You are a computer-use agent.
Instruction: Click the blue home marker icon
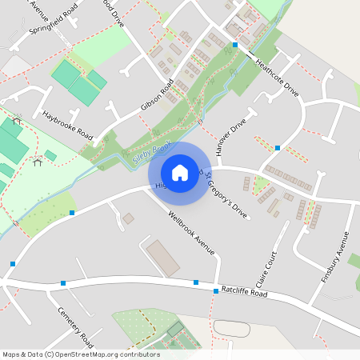click(x=180, y=172)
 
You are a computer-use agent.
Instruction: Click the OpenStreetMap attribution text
click(x=80, y=354)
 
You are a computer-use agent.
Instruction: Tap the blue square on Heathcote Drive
click(x=234, y=46)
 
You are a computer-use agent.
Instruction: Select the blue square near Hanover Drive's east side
click(x=277, y=148)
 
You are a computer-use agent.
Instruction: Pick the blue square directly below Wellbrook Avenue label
click(x=196, y=282)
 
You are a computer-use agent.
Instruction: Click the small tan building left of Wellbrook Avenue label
click(x=128, y=218)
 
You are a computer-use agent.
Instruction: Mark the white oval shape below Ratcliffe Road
click(x=231, y=328)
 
